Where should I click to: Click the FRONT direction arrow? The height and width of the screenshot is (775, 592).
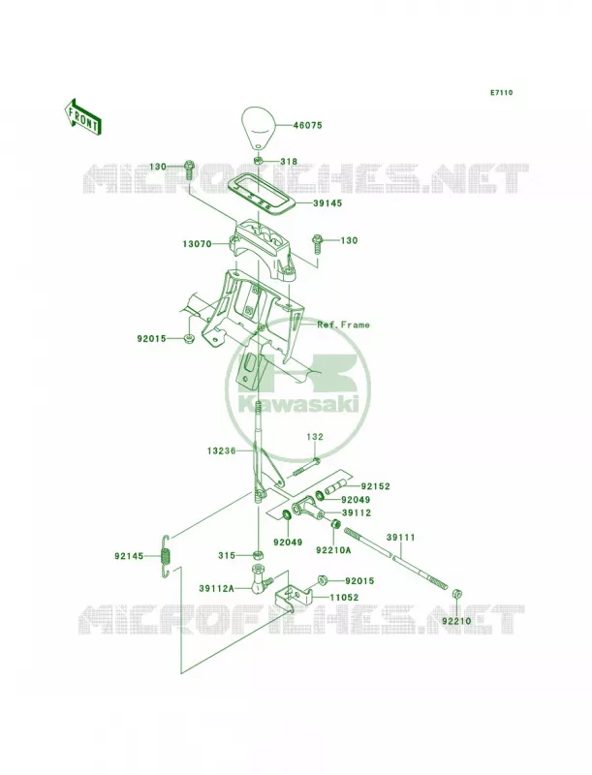(x=82, y=116)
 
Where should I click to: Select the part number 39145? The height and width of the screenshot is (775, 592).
(x=328, y=203)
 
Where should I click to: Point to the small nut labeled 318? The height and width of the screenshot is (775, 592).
(x=259, y=161)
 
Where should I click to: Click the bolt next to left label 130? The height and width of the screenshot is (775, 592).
(x=189, y=170)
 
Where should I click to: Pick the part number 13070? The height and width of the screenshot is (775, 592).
(x=197, y=244)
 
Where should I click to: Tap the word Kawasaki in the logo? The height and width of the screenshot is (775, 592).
(x=297, y=405)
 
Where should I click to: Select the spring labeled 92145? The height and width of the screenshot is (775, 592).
(x=166, y=556)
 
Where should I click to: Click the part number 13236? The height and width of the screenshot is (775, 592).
(x=221, y=451)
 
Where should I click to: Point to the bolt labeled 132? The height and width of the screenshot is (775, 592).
(x=305, y=467)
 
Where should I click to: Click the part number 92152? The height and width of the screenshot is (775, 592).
(x=375, y=487)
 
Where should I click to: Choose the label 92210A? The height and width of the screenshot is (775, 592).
(x=333, y=549)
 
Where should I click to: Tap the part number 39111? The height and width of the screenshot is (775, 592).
(x=401, y=538)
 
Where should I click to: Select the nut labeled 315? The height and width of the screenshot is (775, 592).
(x=257, y=555)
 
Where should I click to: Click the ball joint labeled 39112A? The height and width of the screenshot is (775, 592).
(x=260, y=579)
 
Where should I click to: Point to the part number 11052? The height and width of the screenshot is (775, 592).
(x=344, y=597)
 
